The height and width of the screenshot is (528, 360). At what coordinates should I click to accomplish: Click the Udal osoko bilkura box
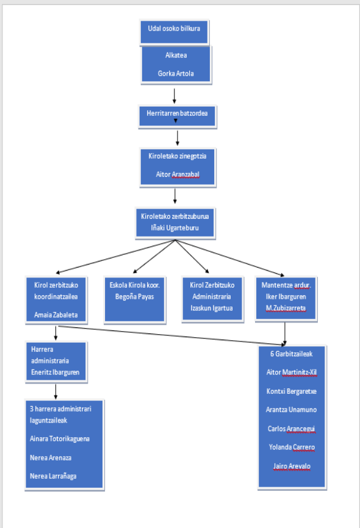[x=175, y=32]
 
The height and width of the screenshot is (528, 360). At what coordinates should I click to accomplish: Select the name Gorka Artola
[x=176, y=73]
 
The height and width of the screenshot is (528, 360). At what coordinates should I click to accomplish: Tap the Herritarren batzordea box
[x=178, y=116]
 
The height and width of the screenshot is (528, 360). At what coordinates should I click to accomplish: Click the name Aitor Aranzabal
[x=178, y=174]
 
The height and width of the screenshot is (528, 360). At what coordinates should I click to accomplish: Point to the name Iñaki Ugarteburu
[x=175, y=228]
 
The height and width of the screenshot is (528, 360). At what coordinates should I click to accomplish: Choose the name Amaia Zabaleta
[x=56, y=315]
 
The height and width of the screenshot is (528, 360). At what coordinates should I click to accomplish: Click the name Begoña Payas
[x=134, y=297]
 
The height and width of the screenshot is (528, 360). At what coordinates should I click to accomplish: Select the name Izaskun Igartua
[x=212, y=308]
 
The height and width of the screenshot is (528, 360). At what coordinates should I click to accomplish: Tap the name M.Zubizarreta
[x=286, y=308]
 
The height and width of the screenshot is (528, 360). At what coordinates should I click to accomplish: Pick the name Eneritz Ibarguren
[x=56, y=373]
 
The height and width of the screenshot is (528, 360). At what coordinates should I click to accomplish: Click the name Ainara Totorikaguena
[x=60, y=439]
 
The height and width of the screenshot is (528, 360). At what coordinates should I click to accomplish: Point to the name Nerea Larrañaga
[x=53, y=476]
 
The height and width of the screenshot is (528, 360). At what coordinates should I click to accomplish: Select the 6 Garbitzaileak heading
[x=291, y=354]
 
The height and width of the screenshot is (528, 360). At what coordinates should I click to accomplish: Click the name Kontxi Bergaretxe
[x=292, y=391]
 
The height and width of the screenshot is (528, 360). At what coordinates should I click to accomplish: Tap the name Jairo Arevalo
[x=292, y=466]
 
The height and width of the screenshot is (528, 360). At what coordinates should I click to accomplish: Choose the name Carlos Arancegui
[x=292, y=429]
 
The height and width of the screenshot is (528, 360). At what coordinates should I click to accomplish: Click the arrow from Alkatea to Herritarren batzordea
[x=175, y=96]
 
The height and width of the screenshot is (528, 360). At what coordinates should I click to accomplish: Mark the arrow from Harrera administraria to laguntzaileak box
[x=56, y=392]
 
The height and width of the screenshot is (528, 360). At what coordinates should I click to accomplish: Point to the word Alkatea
[x=176, y=55]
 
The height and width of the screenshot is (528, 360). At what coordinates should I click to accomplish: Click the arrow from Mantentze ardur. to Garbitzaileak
[x=285, y=334]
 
